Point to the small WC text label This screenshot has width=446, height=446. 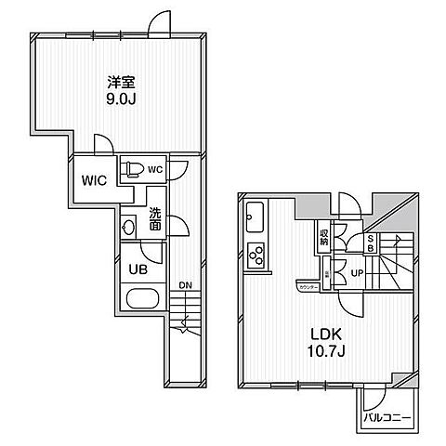[156, 170]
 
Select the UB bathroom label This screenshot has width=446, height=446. [136, 269]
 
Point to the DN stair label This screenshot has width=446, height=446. [185, 285]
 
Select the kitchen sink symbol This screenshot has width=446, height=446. [256, 221]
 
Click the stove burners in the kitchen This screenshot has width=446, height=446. [256, 254]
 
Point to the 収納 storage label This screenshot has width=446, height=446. [324, 237]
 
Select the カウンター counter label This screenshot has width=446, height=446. [308, 287]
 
